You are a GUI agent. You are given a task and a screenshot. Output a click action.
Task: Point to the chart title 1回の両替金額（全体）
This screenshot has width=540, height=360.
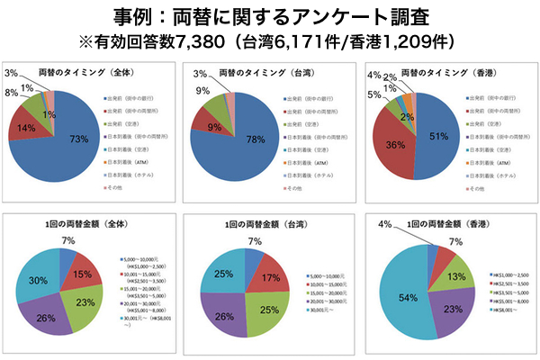click(x=85, y=220)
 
